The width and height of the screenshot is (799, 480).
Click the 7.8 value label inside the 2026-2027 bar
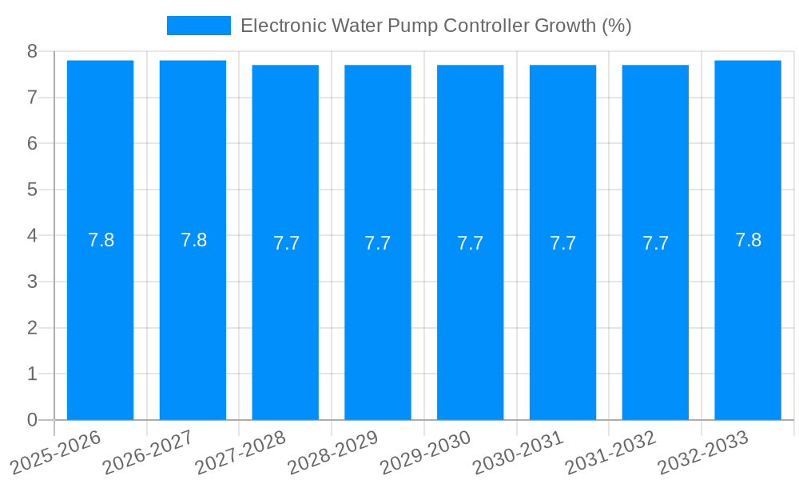(193, 240)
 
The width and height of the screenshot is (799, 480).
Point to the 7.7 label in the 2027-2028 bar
(286, 243)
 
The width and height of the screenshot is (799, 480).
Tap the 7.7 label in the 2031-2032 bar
(655, 243)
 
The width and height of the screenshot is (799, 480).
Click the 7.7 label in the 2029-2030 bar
(470, 243)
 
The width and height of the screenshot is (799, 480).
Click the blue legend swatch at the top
(198, 26)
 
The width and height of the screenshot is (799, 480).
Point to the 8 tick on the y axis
(32, 51)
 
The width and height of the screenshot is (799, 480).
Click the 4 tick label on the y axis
(32, 236)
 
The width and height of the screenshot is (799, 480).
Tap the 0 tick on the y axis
(32, 420)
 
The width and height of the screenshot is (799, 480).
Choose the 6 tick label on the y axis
(32, 144)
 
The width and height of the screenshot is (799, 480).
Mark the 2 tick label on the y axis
(32, 328)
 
